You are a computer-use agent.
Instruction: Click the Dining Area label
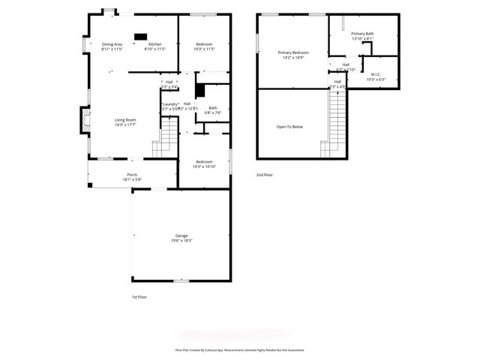[x=112, y=44]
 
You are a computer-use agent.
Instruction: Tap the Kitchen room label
[x=154, y=44]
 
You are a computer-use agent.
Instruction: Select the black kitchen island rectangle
[x=140, y=35]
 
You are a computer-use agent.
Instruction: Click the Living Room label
[x=124, y=120]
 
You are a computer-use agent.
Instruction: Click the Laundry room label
[x=170, y=104]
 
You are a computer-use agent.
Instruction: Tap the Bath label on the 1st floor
[x=213, y=107]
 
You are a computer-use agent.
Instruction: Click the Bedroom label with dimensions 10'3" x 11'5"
[x=205, y=44]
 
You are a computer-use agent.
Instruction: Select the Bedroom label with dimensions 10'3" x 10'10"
[x=205, y=162]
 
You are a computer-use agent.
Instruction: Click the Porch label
[x=131, y=175]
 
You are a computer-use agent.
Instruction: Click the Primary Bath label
[x=361, y=34]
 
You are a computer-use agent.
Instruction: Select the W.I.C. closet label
[x=375, y=73]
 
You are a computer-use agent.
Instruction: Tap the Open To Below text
[x=289, y=127]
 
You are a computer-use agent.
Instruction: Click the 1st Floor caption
[x=139, y=297]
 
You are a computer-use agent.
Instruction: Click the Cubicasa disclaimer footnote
[x=240, y=349]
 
